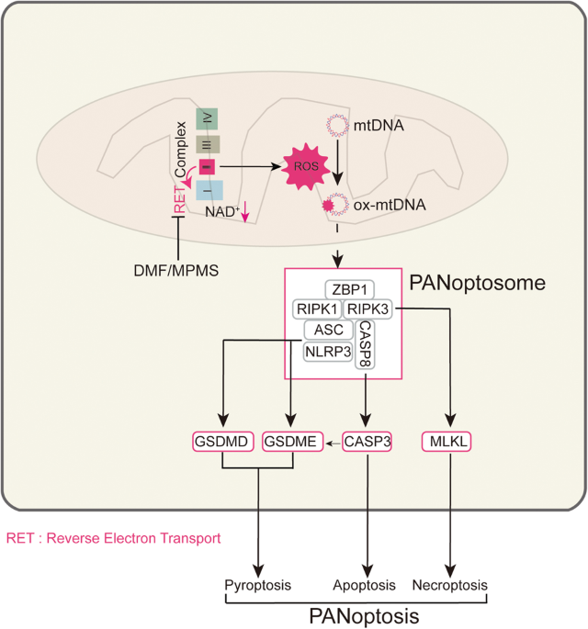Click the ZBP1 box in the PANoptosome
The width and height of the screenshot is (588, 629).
tap(347, 289)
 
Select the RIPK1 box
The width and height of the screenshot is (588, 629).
tap(317, 309)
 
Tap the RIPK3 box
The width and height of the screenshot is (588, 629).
tap(367, 309)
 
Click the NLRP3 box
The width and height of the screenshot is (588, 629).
tap(328, 351)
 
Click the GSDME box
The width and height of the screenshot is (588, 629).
tap(290, 443)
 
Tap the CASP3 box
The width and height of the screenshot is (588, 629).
tap(367, 443)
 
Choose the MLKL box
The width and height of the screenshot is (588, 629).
tap(449, 443)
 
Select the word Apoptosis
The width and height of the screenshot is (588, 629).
tap(365, 585)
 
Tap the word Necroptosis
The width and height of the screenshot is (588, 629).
tap(450, 585)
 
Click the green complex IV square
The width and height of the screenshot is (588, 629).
tap(206, 120)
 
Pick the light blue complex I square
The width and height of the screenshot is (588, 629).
tap(206, 194)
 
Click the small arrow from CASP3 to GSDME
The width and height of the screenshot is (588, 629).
tap(330, 443)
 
